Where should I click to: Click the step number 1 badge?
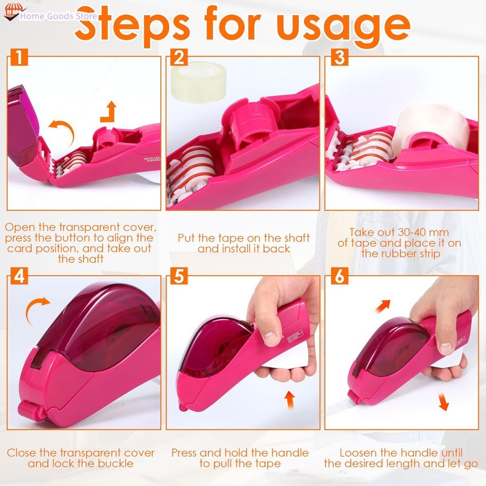point(19,57)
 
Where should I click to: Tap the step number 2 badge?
point(179,57)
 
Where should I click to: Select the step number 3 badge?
point(339,57)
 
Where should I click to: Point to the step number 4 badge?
point(19,276)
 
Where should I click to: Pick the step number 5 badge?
point(179,276)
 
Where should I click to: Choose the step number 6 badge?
point(339,276)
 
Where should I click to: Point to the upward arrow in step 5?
point(290,400)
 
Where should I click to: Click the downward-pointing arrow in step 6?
point(443,402)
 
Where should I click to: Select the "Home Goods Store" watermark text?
point(58,16)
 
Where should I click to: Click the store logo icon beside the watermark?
point(12,12)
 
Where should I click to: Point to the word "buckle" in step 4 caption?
point(116,464)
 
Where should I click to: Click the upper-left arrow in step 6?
point(383,306)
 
